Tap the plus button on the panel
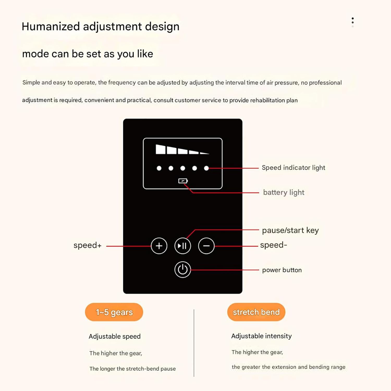[x=159, y=246]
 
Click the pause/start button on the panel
[x=182, y=246]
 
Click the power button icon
[x=182, y=270]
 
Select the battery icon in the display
[x=183, y=181]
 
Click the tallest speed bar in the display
[x=161, y=149]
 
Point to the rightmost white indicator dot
[x=206, y=168]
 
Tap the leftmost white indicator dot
[x=159, y=168]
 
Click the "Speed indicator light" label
[x=293, y=168]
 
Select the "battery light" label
[x=284, y=192]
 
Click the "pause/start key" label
[x=290, y=230]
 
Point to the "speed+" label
[x=87, y=245]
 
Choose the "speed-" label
[x=273, y=245]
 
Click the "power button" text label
[x=282, y=270]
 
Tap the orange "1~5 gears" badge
[x=114, y=312]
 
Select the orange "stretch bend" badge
[x=256, y=312]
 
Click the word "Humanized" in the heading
[x=51, y=27]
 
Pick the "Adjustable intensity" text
[x=261, y=336]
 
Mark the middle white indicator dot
[x=183, y=168]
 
